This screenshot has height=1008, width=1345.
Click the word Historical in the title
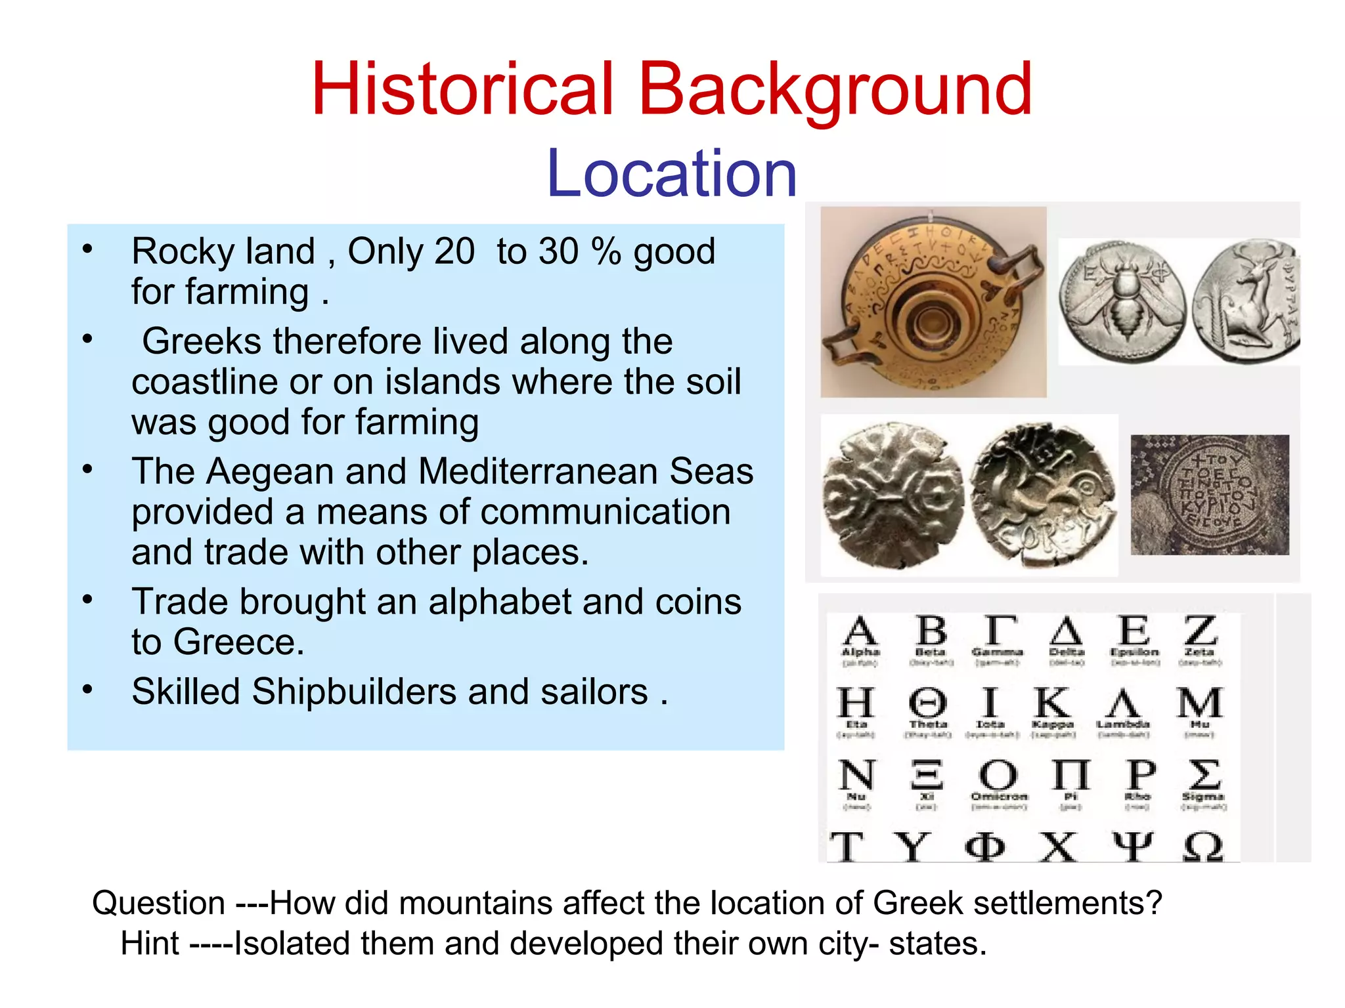[x=462, y=89]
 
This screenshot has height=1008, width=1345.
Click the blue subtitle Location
[x=671, y=173]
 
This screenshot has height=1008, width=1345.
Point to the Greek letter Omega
[x=1203, y=847]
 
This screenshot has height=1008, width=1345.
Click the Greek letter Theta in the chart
[x=928, y=703]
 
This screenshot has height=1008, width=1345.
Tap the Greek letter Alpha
[x=860, y=631]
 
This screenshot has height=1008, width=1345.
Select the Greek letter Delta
[x=1066, y=632]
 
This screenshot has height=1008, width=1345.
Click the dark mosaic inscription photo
[x=1210, y=495]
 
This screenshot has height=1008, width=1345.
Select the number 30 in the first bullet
[x=558, y=251]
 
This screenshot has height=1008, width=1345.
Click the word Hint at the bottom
[x=150, y=944]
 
